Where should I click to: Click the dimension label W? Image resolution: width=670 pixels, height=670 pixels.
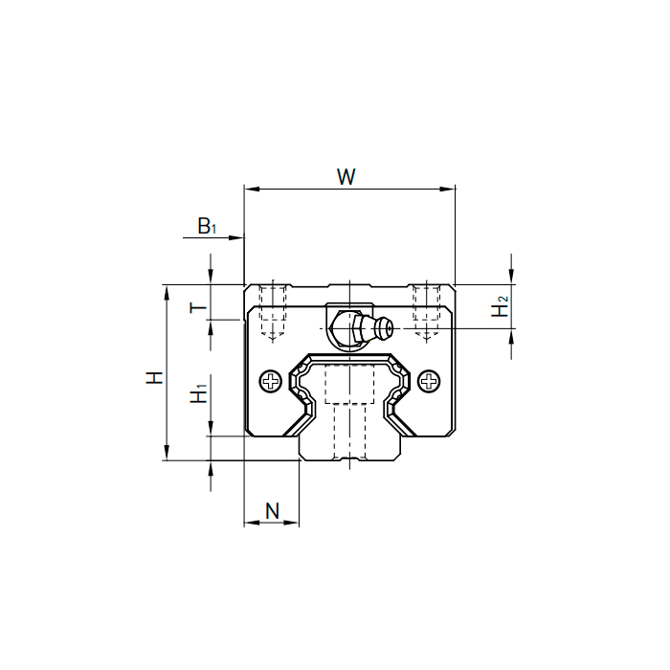pos(346,176)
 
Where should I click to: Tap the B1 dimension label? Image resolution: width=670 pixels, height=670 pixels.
pos(208,226)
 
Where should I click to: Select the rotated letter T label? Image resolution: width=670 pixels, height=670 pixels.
pos(198,307)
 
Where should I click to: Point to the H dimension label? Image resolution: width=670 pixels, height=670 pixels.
pos(155,378)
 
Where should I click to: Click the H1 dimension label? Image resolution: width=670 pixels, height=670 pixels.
pos(199,393)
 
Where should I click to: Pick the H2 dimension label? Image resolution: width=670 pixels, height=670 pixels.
pos(500,306)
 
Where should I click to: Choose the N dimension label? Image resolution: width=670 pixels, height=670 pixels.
pos(272,510)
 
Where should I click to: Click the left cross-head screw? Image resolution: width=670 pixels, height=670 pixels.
pos(271,381)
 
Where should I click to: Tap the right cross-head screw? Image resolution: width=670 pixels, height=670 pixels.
pos(429,381)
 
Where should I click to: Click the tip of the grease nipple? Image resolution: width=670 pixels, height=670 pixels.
pos(391,328)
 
